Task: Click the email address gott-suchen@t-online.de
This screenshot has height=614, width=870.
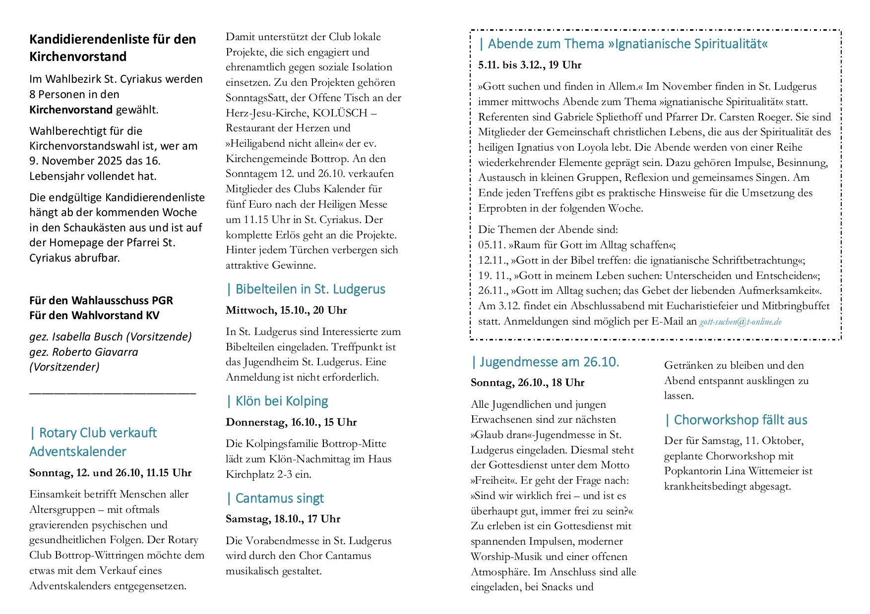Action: click(x=740, y=322)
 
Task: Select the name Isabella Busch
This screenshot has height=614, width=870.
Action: click(x=87, y=337)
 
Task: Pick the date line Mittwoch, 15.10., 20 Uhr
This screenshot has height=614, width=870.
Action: click(x=286, y=311)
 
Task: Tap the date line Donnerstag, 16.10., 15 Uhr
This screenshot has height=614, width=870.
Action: click(x=291, y=423)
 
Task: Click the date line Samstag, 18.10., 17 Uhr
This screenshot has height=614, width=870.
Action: click(x=283, y=519)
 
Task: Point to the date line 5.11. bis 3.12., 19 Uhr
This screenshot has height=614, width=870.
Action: click(x=529, y=65)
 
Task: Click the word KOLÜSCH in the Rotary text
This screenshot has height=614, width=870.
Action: click(x=340, y=113)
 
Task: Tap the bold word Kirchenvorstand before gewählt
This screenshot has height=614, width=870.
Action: click(x=71, y=110)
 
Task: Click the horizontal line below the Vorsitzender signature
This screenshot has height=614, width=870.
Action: click(x=113, y=393)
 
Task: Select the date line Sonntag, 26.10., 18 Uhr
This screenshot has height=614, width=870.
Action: click(x=527, y=383)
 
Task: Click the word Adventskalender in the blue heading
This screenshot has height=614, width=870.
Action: click(x=78, y=452)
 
